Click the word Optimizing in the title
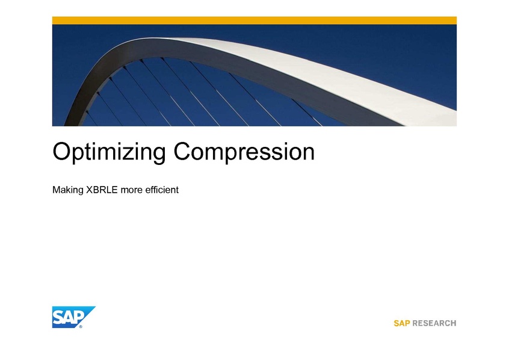click(109, 152)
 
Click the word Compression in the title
click(244, 152)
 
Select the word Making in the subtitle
click(68, 190)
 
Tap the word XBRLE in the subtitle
click(102, 190)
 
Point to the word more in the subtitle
click(132, 190)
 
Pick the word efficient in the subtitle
click(162, 190)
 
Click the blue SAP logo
click(73, 317)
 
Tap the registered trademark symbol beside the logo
click(81, 326)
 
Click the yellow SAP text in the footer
click(401, 323)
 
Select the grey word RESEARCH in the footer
click(434, 323)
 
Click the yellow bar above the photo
click(254, 20)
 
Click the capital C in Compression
click(183, 151)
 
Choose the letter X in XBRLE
click(89, 190)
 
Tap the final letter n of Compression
click(308, 154)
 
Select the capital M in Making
click(56, 190)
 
